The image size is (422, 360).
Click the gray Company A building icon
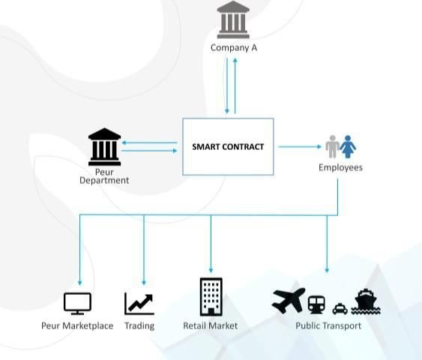click(x=233, y=19)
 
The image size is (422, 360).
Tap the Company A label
click(x=234, y=48)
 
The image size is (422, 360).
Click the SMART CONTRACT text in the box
click(x=228, y=147)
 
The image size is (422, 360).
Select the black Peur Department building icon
click(x=104, y=147)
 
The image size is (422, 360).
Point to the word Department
click(x=104, y=181)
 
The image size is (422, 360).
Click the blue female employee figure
click(x=348, y=146)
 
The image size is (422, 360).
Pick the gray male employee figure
click(x=333, y=146)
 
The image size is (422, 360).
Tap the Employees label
click(x=340, y=167)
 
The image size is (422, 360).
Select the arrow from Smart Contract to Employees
click(x=300, y=147)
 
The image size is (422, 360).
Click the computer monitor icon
click(x=77, y=304)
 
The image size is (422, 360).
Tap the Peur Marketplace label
click(x=77, y=325)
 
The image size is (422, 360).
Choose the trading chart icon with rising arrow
click(x=139, y=304)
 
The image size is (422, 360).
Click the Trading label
click(x=139, y=325)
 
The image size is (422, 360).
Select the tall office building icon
click(x=211, y=297)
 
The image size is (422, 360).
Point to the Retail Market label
click(x=210, y=325)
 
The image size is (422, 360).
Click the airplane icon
click(x=289, y=300)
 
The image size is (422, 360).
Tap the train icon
click(x=316, y=304)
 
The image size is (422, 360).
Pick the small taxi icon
click(x=340, y=309)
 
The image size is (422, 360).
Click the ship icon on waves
click(x=366, y=301)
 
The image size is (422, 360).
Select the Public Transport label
click(x=328, y=325)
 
